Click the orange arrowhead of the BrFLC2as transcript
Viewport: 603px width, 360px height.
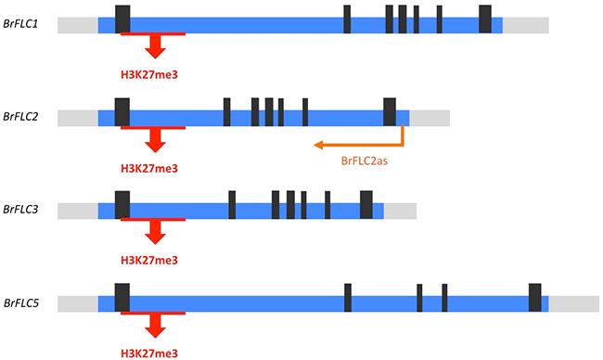tap(317, 145)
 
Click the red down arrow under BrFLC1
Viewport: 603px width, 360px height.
tap(155, 46)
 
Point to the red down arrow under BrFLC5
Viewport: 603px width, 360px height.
tap(155, 326)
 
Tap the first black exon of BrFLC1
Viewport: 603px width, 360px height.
tap(122, 19)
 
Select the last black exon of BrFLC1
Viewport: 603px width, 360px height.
tap(485, 19)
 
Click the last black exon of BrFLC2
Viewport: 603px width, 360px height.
tap(390, 111)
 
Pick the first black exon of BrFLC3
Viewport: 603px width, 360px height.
tap(122, 205)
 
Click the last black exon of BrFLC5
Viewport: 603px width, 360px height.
tap(535, 298)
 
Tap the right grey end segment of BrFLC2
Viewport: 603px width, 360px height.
tap(430, 118)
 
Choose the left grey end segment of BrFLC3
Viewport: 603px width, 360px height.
tap(78, 211)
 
